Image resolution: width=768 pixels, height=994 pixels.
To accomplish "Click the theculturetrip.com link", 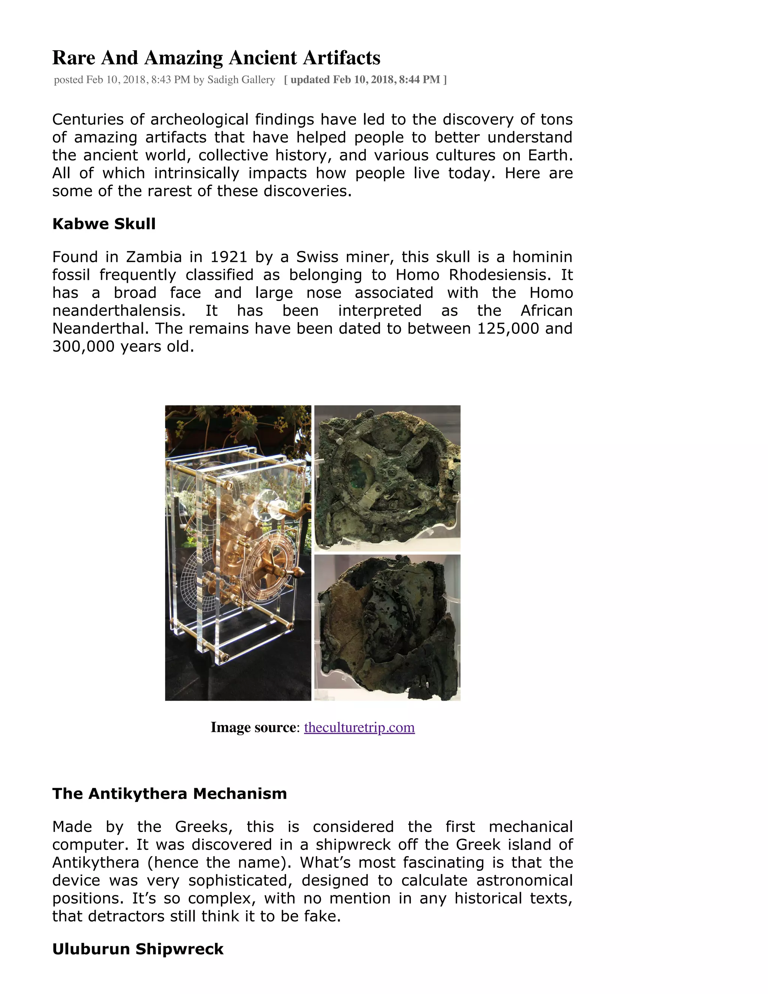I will pyautogui.click(x=359, y=727).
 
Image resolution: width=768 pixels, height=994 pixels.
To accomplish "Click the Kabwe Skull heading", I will pyautogui.click(x=104, y=224).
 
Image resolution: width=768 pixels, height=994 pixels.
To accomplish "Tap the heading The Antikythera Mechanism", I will pyautogui.click(x=169, y=793).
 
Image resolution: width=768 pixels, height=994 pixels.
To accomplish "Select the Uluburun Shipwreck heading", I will pyautogui.click(x=138, y=949).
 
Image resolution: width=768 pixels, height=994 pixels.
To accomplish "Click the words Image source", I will pyautogui.click(x=253, y=727).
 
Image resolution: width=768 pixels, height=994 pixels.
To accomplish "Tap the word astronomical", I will pyautogui.click(x=524, y=880).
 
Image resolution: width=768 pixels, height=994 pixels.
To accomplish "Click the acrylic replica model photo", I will pyautogui.click(x=238, y=553).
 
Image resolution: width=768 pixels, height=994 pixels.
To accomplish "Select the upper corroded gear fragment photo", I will pyautogui.click(x=387, y=478).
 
